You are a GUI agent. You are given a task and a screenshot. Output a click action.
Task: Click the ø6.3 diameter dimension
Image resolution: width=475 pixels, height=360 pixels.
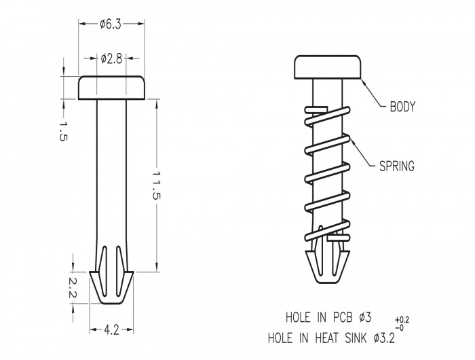point(111,24)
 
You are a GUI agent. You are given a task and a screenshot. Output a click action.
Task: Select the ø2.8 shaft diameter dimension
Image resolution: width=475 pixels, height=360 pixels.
point(111,58)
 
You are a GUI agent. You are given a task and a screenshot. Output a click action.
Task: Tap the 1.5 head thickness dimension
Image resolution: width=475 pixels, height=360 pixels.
point(62,132)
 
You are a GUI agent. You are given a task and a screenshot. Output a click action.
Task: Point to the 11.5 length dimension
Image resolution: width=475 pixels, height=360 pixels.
point(156,185)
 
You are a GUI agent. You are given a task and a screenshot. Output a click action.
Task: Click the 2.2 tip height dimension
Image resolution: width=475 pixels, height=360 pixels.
point(73,288)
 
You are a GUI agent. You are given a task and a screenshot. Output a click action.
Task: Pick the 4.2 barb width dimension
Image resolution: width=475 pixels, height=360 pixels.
point(111,330)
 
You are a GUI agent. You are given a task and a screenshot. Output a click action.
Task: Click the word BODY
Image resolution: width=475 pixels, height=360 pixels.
point(402,107)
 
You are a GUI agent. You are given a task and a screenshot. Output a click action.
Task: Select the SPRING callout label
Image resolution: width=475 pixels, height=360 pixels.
point(397,166)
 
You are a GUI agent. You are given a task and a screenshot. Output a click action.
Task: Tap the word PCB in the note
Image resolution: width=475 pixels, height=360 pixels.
point(343,317)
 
